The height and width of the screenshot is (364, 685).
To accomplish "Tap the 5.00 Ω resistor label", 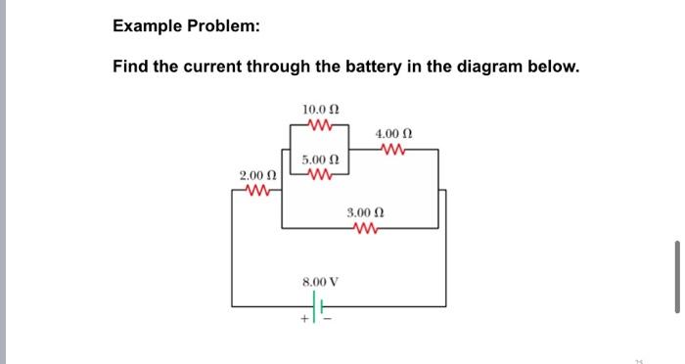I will tap(320, 159).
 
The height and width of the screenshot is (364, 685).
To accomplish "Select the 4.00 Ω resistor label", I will tap(393, 133).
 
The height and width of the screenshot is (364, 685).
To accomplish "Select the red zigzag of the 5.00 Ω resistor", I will tap(320, 175).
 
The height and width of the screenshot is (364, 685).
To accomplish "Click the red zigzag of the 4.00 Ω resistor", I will tap(393, 149).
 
